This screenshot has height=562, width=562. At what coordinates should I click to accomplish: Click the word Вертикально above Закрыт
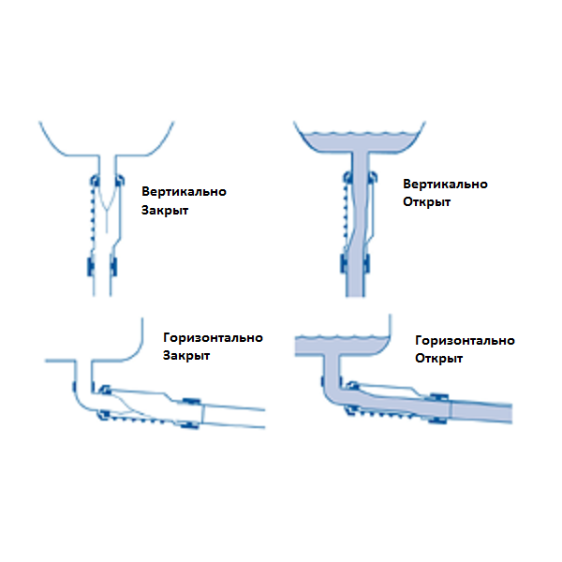coord(184,192)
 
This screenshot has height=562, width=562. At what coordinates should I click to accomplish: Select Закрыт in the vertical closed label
coord(165,211)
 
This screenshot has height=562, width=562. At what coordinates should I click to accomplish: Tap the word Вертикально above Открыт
coord(445,185)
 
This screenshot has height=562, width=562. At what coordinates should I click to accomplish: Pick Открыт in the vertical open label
coord(426,203)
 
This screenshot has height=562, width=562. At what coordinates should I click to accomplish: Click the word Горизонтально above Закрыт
coord(213,338)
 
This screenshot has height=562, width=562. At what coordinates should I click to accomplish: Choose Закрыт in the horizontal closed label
coord(186,357)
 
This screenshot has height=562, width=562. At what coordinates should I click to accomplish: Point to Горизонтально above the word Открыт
coord(465,340)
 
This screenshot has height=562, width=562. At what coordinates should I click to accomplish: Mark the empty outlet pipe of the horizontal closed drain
coord(234,412)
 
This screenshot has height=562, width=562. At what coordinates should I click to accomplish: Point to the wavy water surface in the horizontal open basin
coord(343,334)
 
